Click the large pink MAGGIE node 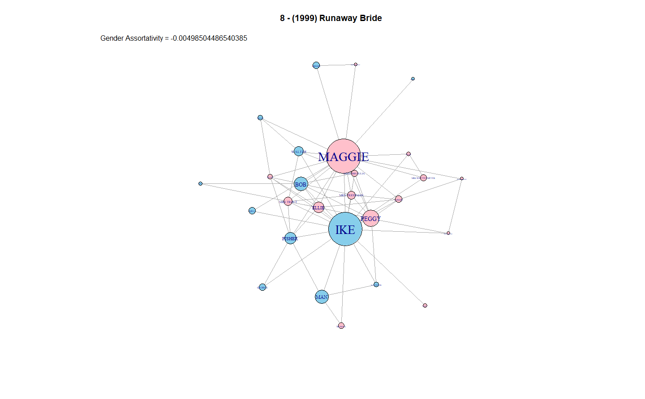344,156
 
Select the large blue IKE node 345,229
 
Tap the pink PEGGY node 371,218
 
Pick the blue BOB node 301,184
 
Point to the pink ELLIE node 318,208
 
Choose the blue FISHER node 290,238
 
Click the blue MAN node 322,297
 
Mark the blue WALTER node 299,152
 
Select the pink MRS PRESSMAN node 351,195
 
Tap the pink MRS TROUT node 288,201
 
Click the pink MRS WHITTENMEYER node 423,178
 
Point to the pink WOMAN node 341,326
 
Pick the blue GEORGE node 262,287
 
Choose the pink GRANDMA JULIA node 355,174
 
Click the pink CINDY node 399,199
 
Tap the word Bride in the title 371,18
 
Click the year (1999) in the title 304,18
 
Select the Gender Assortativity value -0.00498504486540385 209,38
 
